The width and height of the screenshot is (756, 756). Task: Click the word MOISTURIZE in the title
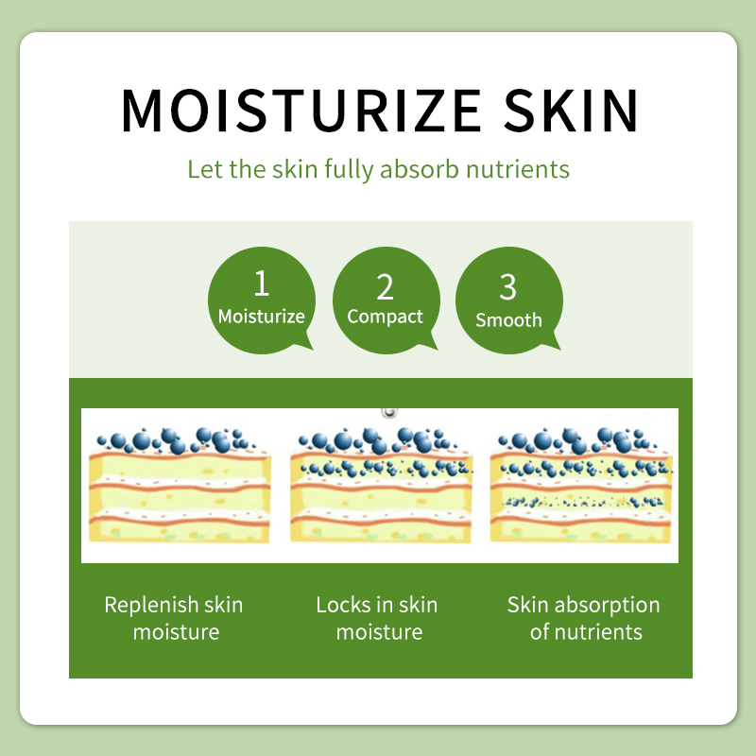pos(301,110)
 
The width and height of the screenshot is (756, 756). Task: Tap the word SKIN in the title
pos(571,110)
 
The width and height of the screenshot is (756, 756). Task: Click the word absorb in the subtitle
pos(419,169)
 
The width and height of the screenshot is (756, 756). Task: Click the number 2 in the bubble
pos(385,287)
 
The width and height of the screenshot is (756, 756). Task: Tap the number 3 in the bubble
pos(507,287)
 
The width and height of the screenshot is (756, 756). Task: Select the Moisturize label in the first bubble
pos(262,317)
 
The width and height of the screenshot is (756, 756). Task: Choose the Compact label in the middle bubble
pos(385,318)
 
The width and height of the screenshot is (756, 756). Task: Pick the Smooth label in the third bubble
pos(508,320)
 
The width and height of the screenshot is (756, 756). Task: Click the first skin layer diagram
pos(180,485)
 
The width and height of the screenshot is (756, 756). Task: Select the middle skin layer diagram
pos(382,485)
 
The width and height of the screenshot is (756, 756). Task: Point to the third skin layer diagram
pos(581,485)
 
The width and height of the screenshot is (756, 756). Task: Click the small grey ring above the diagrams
pos(389,412)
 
